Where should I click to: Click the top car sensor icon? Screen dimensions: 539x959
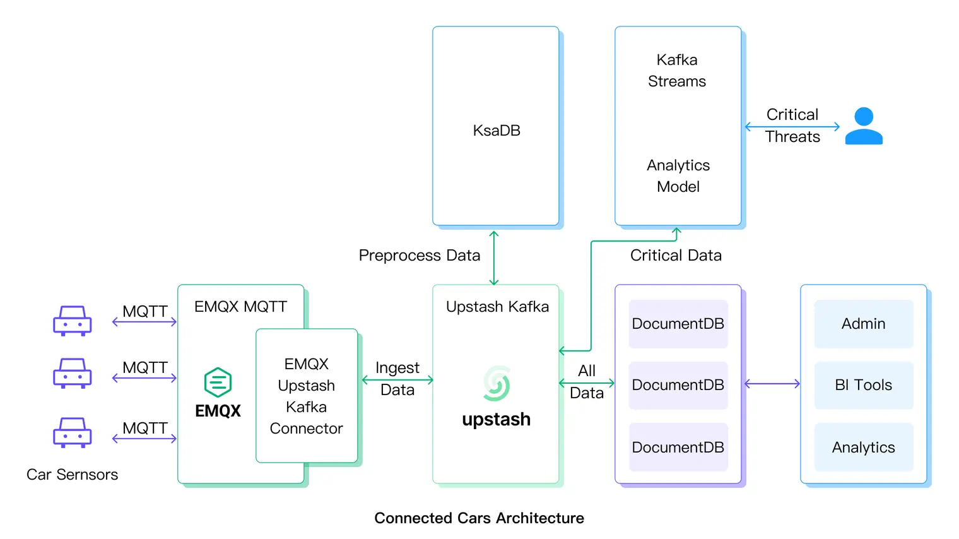73,321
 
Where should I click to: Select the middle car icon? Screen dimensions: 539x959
73,373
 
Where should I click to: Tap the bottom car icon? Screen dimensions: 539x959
73,432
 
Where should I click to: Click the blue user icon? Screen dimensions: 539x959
863,126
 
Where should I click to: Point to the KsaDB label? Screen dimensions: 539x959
497,131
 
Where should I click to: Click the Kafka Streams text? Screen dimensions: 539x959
677,71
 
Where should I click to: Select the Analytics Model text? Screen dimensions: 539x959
678,176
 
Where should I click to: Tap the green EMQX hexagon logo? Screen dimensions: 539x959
218,382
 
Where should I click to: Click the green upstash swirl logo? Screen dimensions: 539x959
497,384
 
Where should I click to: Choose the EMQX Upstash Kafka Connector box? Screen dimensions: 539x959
307,396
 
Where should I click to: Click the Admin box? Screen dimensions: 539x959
863,324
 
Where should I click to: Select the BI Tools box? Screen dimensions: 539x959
863,385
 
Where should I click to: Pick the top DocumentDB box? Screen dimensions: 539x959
678,324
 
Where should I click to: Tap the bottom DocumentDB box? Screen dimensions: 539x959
678,447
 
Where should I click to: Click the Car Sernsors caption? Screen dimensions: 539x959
72,475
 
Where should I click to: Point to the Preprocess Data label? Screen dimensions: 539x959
420,256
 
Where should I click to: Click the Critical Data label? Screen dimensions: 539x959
676,256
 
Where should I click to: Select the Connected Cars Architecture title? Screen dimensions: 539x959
479,518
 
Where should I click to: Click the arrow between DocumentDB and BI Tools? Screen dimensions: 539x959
772,384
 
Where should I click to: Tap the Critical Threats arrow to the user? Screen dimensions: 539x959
792,127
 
